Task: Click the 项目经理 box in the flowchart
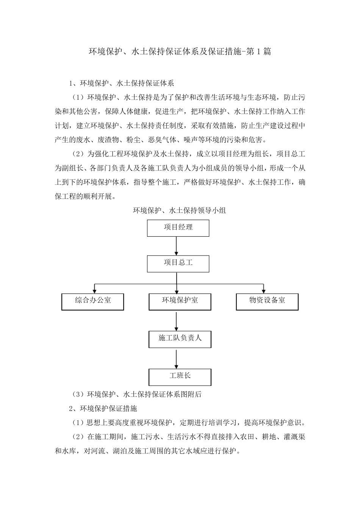(x=178, y=228)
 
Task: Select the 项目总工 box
(x=178, y=264)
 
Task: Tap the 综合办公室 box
(x=93, y=302)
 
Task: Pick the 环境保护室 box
(x=180, y=302)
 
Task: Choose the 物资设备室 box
(x=267, y=302)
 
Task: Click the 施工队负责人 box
(x=180, y=339)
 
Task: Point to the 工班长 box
(x=180, y=377)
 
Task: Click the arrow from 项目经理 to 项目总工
(x=177, y=246)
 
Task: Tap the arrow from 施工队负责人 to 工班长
(x=177, y=358)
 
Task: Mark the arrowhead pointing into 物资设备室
(x=263, y=291)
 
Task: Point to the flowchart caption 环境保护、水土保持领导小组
(x=179, y=211)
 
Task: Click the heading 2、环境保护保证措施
(x=103, y=408)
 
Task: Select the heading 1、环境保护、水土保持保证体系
(x=121, y=83)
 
